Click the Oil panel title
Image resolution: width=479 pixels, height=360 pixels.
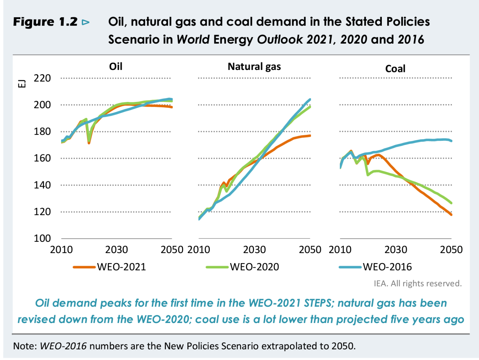pos(116,66)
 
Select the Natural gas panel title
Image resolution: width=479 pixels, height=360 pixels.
pos(254,67)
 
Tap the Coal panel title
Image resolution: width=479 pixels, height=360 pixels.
pos(395,69)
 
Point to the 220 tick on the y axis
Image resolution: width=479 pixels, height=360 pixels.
pos(42,78)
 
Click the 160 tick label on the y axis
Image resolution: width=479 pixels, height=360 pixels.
pos(42,158)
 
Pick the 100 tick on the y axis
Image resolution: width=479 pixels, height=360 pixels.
pos(42,238)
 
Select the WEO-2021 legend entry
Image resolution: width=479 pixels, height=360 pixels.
pos(110,267)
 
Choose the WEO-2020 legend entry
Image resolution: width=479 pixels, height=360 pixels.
pos(243,267)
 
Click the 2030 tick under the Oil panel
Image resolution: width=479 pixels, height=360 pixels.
pos(117,249)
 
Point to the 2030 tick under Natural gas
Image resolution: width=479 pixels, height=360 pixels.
pos(254,249)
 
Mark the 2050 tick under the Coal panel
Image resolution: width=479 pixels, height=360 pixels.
pos(451,249)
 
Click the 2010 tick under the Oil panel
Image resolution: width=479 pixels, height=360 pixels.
pos(61,249)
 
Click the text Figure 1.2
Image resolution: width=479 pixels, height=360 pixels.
pos(45,22)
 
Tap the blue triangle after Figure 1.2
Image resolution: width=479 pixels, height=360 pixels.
pos(86,22)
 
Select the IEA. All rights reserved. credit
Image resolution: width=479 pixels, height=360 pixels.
pos(417,283)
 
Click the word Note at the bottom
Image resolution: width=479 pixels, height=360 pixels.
pos(25,346)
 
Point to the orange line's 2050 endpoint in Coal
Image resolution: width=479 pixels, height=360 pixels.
pos(451,214)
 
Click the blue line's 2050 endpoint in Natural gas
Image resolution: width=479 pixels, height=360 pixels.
pos(310,100)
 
